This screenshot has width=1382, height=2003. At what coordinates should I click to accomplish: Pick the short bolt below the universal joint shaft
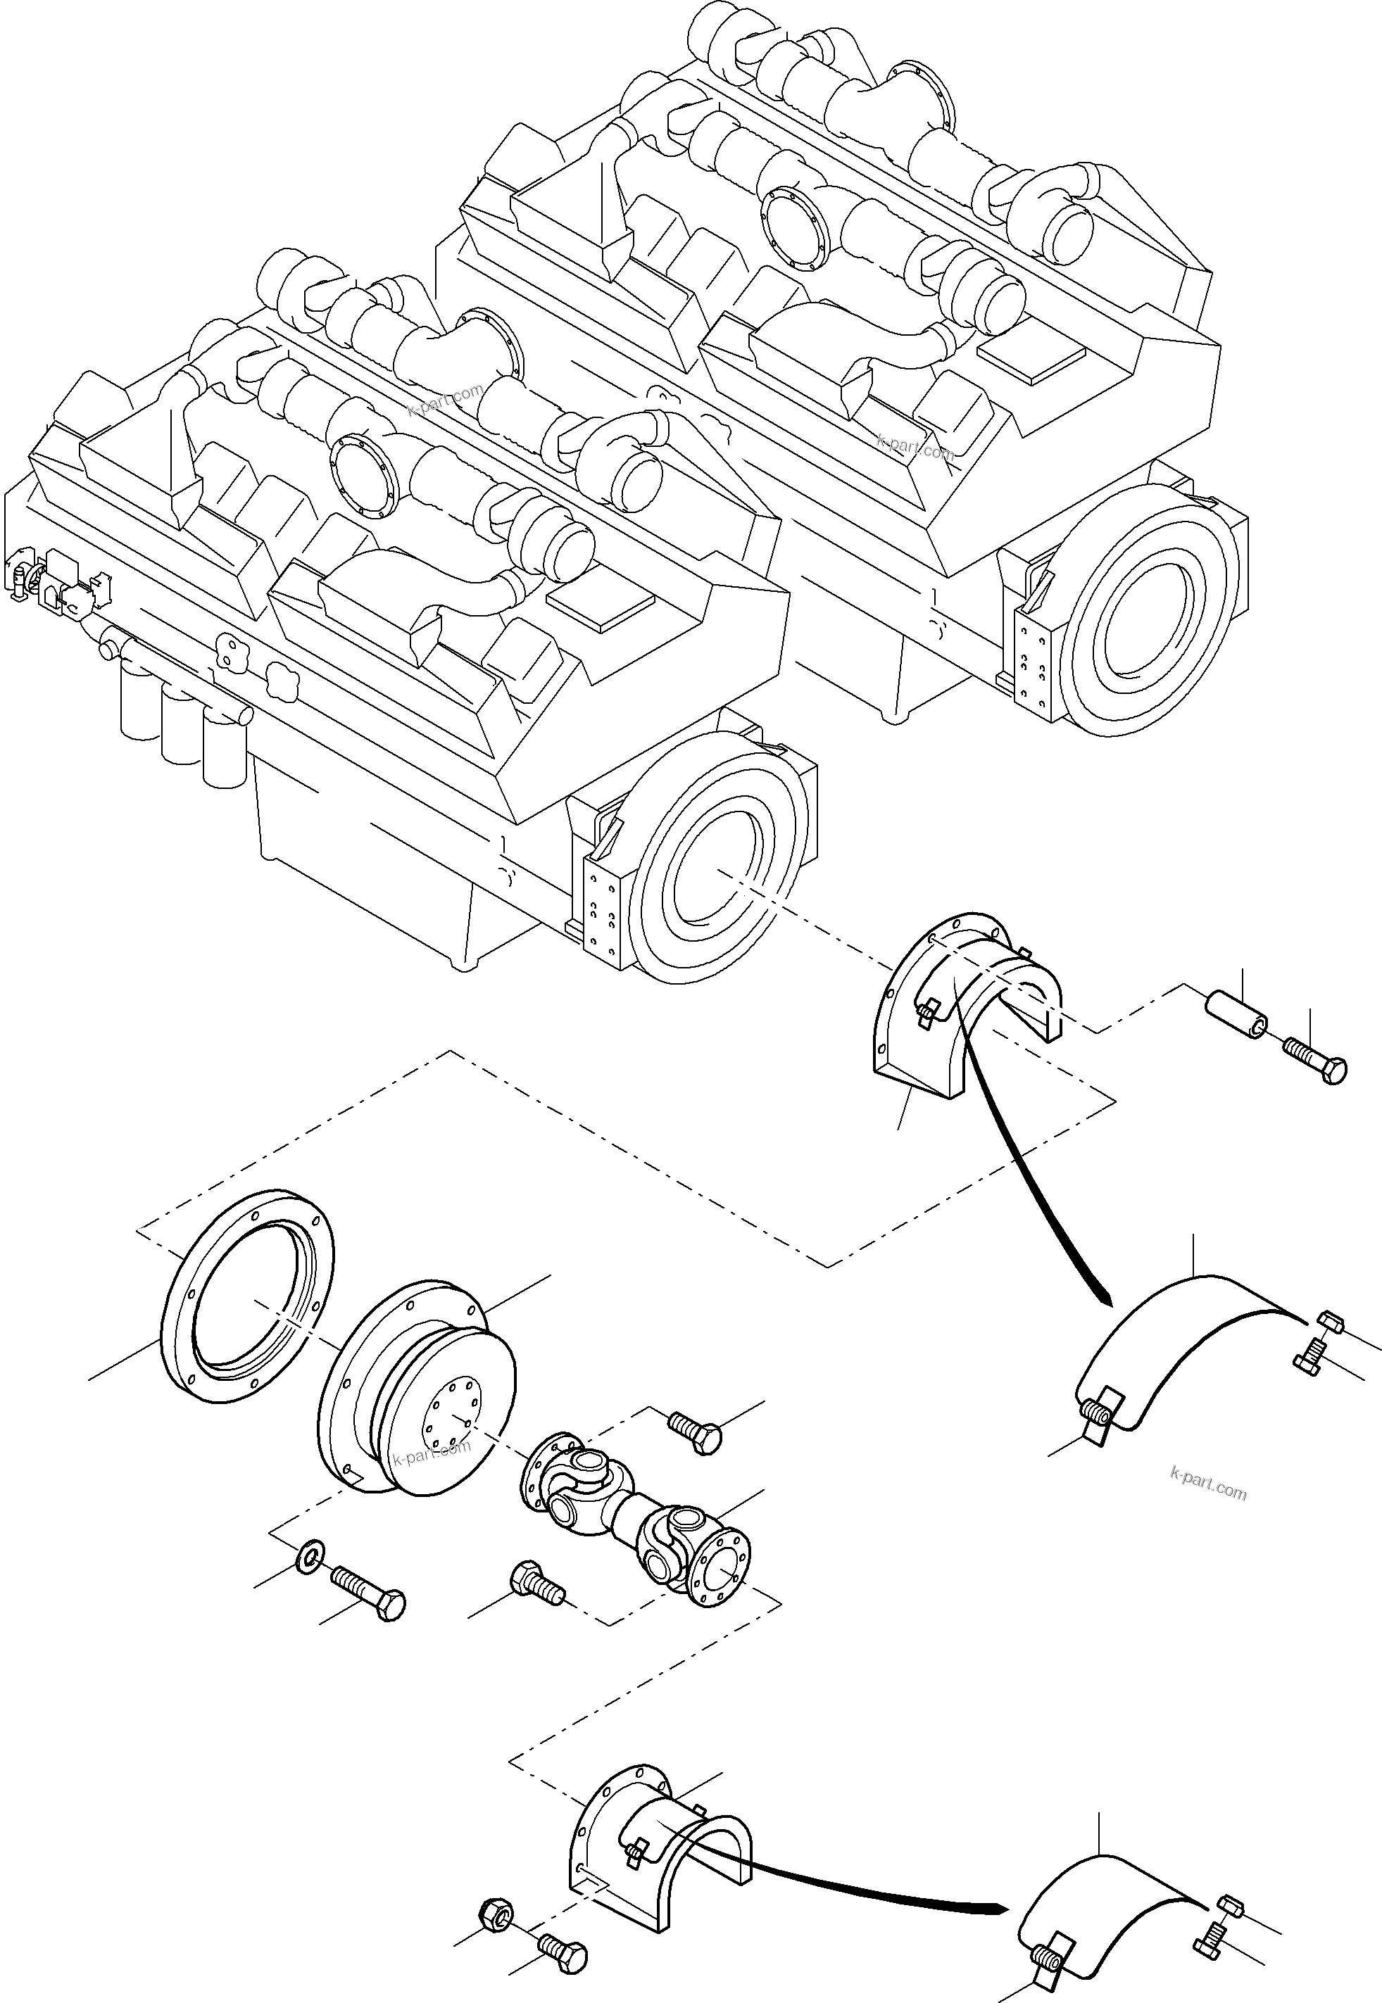[537, 1581]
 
